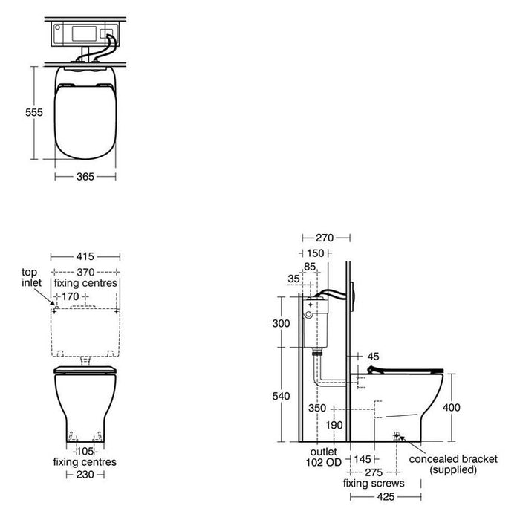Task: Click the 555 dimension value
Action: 34,112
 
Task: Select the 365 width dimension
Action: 85,177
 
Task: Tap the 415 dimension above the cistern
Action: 85,256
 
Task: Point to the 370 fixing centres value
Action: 85,273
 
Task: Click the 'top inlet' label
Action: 31,278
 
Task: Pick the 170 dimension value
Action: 71,296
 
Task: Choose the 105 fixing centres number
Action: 85,452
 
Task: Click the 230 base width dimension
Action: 85,475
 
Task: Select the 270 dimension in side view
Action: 325,238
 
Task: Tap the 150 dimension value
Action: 315,253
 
